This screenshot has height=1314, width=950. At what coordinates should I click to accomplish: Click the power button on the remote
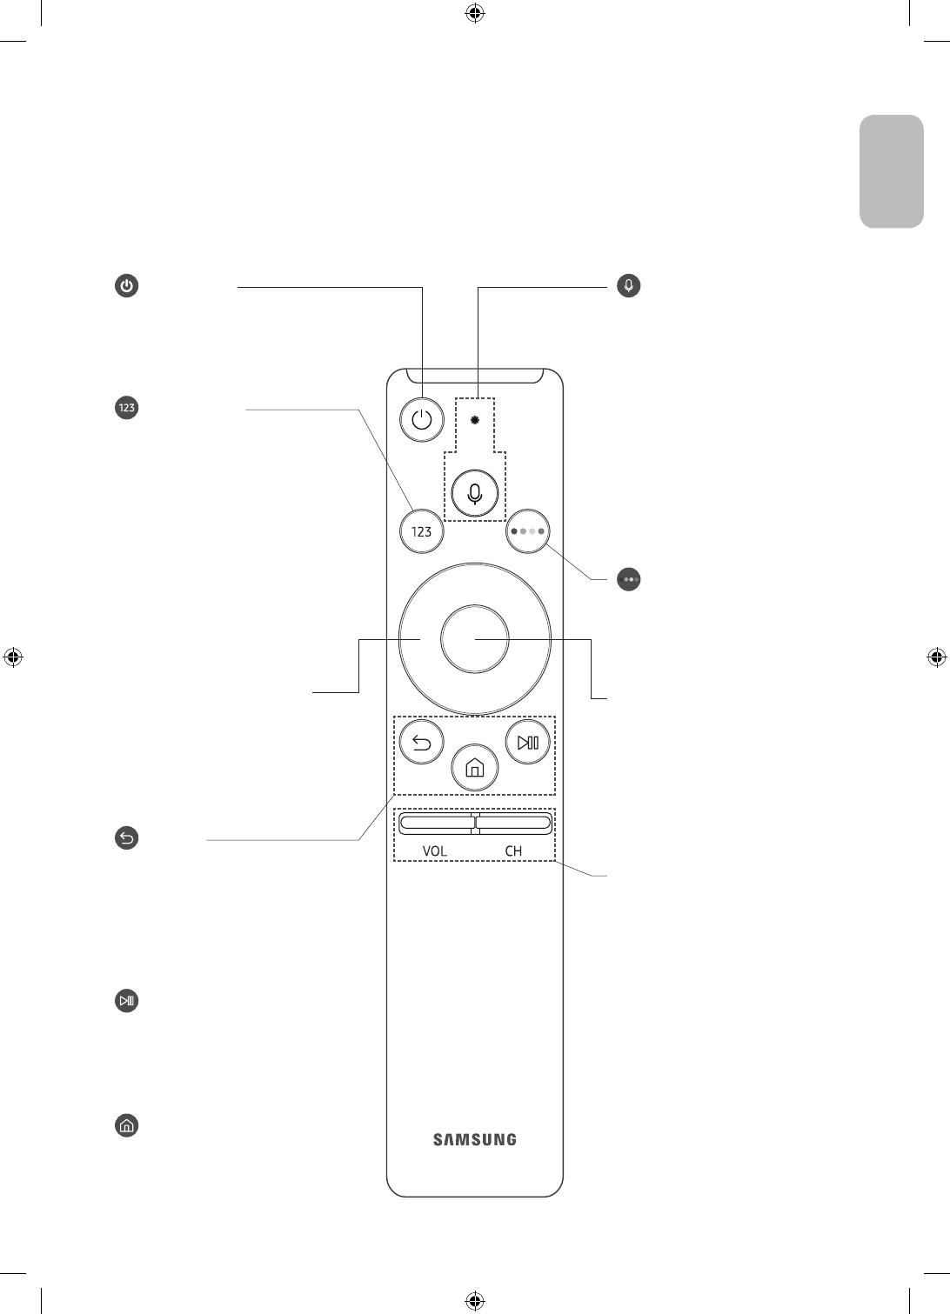(x=422, y=421)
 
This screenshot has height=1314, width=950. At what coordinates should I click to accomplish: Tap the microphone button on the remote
(x=474, y=494)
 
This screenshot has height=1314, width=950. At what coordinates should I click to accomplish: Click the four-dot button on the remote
(x=527, y=530)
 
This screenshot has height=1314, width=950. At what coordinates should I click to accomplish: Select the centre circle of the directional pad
(x=474, y=639)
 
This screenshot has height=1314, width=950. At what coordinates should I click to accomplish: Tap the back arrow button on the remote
(x=422, y=743)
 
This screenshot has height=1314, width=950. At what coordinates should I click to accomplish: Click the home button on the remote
(x=474, y=768)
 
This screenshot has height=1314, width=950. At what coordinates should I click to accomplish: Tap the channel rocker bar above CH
(x=514, y=822)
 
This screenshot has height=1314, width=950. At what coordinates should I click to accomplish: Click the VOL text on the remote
(x=435, y=851)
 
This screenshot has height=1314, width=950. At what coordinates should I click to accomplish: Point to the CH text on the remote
(x=513, y=851)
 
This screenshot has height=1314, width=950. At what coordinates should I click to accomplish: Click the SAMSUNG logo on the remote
(x=474, y=1139)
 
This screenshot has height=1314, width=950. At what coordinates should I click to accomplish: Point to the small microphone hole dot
(x=474, y=420)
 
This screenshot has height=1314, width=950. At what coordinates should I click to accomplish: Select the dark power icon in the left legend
(x=127, y=286)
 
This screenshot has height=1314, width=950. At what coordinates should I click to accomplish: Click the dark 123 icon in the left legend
(x=127, y=408)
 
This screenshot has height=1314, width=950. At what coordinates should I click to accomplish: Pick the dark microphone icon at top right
(x=628, y=285)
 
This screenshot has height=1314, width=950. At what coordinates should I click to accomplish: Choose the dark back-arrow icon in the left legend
(x=127, y=838)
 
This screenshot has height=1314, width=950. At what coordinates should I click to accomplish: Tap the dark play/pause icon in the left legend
(x=127, y=1001)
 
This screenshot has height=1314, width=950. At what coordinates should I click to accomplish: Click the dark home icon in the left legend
(x=127, y=1126)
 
